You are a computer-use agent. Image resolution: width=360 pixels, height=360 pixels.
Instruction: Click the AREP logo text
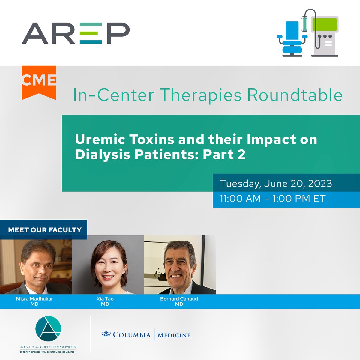[76, 33]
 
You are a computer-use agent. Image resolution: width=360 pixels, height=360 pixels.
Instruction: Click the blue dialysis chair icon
[292, 39]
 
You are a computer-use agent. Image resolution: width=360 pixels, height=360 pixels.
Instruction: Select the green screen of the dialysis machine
[324, 24]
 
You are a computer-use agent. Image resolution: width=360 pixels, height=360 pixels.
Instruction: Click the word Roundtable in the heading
[295, 95]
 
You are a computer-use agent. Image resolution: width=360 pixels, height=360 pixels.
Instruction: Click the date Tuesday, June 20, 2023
[276, 184]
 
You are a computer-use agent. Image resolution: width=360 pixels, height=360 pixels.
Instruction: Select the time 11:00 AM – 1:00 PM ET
[273, 199]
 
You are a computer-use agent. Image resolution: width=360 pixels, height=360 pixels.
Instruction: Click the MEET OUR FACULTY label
[45, 230]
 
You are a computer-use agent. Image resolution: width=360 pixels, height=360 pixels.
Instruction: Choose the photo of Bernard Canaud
[180, 265]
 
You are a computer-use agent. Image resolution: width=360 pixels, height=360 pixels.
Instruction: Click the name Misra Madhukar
[34, 299]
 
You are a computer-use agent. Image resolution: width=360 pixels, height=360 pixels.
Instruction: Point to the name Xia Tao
[105, 299]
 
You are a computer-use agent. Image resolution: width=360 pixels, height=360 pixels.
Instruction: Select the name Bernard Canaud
[179, 299]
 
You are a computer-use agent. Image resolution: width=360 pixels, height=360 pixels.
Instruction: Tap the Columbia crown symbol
[106, 334]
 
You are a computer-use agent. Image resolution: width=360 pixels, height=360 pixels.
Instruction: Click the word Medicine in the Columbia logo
[174, 335]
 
